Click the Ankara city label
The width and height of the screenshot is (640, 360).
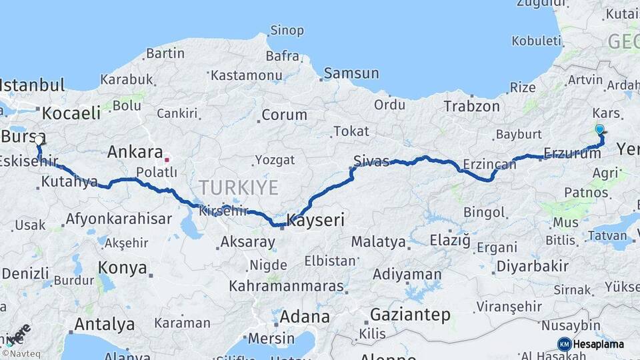135,151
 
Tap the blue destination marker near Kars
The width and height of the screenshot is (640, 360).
599,129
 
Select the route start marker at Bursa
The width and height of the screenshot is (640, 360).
38,139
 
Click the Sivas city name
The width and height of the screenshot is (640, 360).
371,161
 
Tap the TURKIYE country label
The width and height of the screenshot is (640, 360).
238,187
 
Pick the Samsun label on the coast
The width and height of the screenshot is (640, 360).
351,73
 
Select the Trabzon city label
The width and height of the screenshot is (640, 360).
471,106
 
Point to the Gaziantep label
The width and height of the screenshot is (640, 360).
410,315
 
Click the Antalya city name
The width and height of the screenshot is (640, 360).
104,325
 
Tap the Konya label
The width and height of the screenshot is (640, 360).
122,268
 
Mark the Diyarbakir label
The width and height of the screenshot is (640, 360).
532,266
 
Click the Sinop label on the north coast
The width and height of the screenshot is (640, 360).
287,30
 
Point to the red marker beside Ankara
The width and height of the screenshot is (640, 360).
167,159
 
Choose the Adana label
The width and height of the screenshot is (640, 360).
304,316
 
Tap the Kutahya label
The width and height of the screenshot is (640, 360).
69,181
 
